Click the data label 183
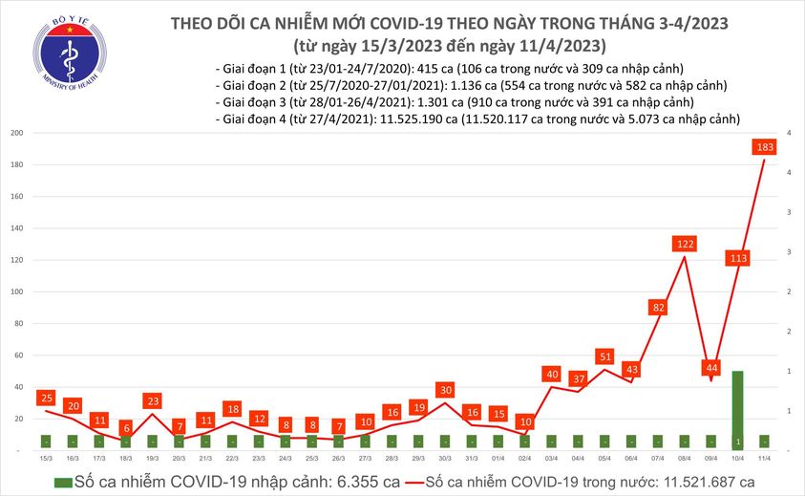pos(764,147)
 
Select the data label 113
pos(737,258)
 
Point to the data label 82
pos(658,307)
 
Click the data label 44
pos(711,368)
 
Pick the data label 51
pos(604,356)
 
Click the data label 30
pos(445,389)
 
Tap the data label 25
pos(45,397)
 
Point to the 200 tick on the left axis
pos(17,133)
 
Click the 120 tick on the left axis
pos(17,260)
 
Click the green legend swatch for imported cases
pos(62,483)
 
